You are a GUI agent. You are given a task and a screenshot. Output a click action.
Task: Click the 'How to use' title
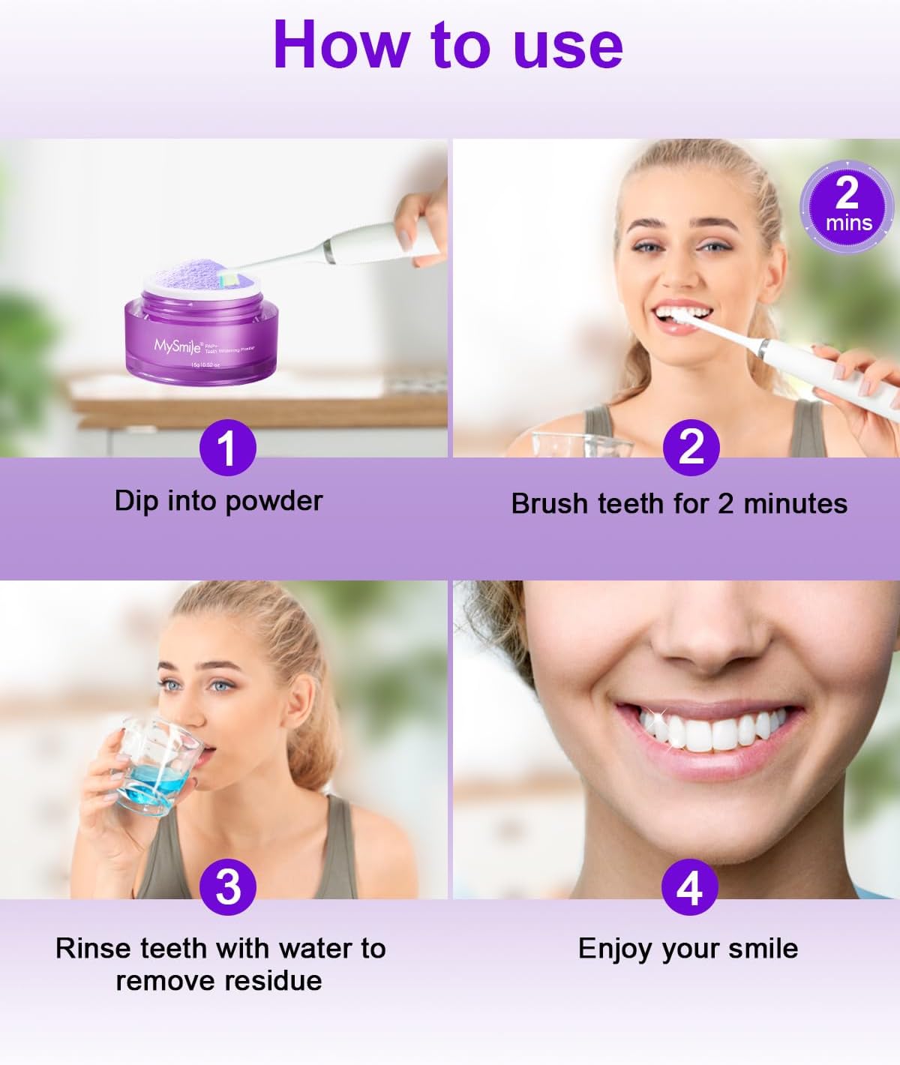pyautogui.click(x=448, y=45)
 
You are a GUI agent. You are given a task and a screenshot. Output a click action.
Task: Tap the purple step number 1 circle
pyautogui.click(x=227, y=448)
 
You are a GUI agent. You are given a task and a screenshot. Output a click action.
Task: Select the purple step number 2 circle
pyautogui.click(x=691, y=448)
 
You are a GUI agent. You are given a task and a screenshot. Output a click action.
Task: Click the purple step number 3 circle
pyautogui.click(x=228, y=887)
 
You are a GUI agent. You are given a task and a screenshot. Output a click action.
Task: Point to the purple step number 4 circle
pyautogui.click(x=689, y=887)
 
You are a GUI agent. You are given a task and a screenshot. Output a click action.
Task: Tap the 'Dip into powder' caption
pyautogui.click(x=218, y=501)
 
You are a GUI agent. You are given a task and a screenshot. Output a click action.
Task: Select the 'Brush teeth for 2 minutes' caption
pyautogui.click(x=679, y=503)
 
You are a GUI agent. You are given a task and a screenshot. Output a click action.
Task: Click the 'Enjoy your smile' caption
pyautogui.click(x=688, y=949)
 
